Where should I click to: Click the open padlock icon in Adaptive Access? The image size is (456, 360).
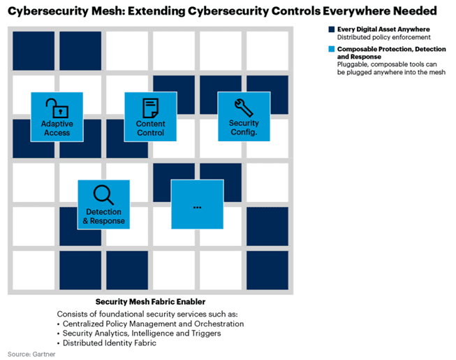(56, 108)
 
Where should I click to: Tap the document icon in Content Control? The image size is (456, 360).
(150, 108)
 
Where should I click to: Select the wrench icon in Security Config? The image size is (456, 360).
(244, 107)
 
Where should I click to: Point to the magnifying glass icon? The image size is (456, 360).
(103, 194)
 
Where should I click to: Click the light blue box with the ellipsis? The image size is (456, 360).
(197, 204)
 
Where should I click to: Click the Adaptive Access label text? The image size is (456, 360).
(57, 128)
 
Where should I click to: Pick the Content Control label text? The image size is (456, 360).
(150, 128)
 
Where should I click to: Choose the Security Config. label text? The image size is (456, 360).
(244, 128)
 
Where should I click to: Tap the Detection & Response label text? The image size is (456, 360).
(103, 216)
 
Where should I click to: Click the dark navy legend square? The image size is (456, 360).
(330, 29)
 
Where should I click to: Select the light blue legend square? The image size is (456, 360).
(330, 50)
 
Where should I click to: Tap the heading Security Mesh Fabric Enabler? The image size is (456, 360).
(150, 302)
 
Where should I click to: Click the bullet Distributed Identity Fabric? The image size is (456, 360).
(110, 343)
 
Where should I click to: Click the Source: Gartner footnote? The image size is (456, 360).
(31, 354)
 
